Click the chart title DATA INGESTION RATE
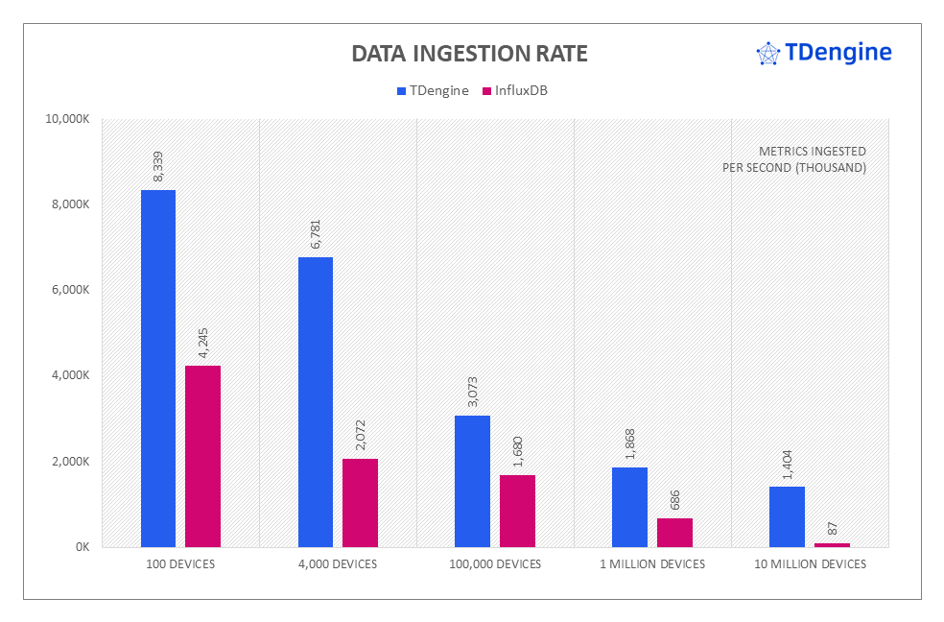tap(469, 54)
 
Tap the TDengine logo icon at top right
tap(768, 54)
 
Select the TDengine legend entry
tap(432, 90)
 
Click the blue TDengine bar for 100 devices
tap(158, 369)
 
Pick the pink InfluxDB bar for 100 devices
tap(202, 456)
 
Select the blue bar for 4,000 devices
tap(316, 402)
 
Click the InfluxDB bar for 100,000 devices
tap(517, 511)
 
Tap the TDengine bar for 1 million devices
tap(629, 507)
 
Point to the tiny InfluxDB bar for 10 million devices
tap(832, 545)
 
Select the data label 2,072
tap(360, 436)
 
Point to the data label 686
tap(674, 499)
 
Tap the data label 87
tap(832, 528)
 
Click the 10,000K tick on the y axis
tap(67, 119)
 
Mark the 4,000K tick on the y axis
tap(70, 375)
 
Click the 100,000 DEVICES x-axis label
tap(495, 564)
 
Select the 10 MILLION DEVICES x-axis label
tap(810, 564)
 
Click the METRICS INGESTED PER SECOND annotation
tap(794, 159)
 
